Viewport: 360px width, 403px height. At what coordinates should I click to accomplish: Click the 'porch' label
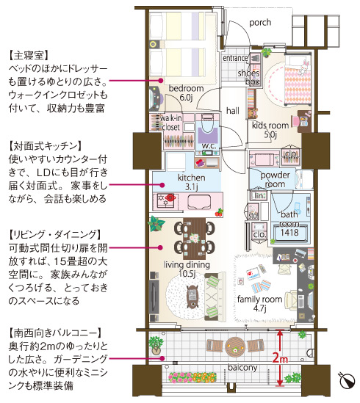click(261, 23)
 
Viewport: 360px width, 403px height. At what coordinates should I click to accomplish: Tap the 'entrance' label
click(236, 57)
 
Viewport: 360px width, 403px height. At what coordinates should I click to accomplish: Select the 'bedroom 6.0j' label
click(181, 92)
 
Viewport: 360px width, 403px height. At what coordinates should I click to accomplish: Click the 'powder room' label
click(276, 180)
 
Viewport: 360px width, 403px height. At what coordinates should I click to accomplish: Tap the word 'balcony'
click(241, 366)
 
